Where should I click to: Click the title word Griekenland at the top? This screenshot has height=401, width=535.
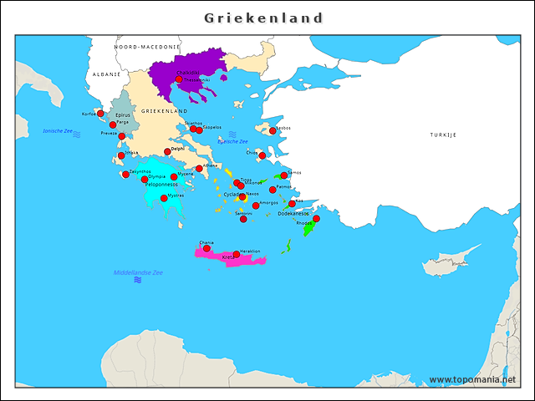point(264,18)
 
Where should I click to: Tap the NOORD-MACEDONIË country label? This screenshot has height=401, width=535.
point(147,48)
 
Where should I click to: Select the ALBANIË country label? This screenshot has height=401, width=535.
point(107,74)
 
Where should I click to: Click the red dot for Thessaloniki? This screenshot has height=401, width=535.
point(179,79)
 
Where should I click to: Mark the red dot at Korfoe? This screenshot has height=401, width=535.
point(100,114)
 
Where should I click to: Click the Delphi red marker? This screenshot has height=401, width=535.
point(167,152)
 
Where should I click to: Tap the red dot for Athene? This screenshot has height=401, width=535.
point(199,169)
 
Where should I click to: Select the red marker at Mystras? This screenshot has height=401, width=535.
point(164,198)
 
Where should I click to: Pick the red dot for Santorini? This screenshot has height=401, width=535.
point(243,219)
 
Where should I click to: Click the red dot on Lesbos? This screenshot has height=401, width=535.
point(273,130)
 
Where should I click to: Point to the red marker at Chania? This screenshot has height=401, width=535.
point(206,248)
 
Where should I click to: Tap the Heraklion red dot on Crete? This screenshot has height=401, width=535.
point(237,254)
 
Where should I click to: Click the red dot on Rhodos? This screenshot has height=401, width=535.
point(316,219)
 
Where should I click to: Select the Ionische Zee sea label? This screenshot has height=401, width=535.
point(58,131)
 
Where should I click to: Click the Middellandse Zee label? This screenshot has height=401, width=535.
point(138,273)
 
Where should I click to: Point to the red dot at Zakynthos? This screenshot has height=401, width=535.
point(125,175)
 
